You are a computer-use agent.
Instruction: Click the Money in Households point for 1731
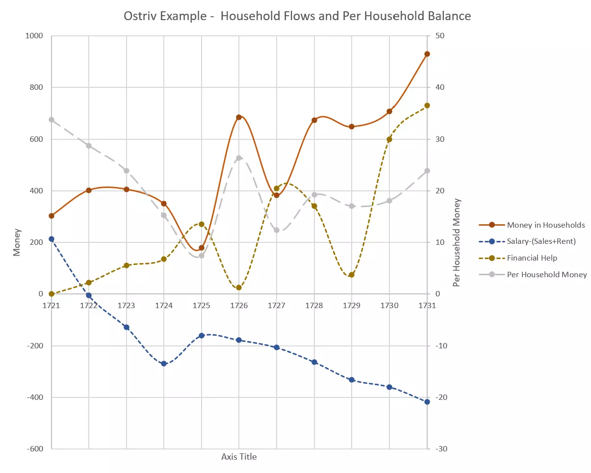point(427,54)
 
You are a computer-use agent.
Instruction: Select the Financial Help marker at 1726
point(239,288)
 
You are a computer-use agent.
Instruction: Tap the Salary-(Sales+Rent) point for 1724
point(164,364)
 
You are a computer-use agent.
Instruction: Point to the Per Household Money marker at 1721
point(51,120)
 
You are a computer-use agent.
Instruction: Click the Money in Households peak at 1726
point(239,117)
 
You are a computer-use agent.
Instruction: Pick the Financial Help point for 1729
point(352,275)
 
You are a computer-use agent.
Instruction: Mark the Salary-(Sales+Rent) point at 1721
point(51,239)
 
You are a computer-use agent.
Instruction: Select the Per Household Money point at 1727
point(277,230)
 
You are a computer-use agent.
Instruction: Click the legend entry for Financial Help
point(532,258)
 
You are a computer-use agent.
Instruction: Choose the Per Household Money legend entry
point(546,275)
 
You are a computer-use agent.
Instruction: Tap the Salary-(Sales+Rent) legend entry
point(541,241)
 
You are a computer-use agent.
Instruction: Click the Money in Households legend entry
point(545,225)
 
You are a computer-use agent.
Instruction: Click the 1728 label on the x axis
point(314,305)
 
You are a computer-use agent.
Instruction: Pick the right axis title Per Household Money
point(457,242)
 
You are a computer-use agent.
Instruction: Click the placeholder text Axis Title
point(239,457)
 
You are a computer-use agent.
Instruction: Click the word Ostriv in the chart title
point(142,16)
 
